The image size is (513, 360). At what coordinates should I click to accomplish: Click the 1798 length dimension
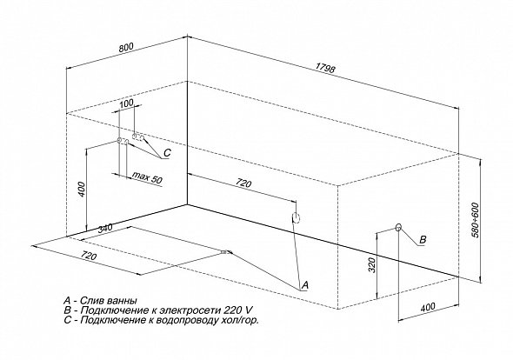(325, 69)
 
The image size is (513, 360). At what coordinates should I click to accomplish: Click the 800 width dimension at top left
(126, 48)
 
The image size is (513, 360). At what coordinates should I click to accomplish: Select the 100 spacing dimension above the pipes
(126, 103)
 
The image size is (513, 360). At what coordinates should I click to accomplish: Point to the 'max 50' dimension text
(147, 177)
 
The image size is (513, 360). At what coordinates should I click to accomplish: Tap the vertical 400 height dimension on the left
(82, 190)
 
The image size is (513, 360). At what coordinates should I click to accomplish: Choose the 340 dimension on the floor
(104, 228)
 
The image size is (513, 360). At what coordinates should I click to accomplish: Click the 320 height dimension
(371, 265)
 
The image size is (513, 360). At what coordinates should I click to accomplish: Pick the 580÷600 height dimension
(475, 220)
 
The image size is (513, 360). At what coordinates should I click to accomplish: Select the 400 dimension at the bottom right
(428, 308)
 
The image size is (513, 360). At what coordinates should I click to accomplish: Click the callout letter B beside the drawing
(423, 239)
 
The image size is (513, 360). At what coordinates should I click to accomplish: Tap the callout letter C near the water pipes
(167, 153)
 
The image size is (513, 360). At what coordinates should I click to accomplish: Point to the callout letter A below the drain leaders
(304, 285)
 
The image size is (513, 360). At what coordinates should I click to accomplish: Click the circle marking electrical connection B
(398, 227)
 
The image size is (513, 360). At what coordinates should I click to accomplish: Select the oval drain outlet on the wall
(296, 217)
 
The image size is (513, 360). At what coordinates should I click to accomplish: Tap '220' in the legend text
(233, 310)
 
